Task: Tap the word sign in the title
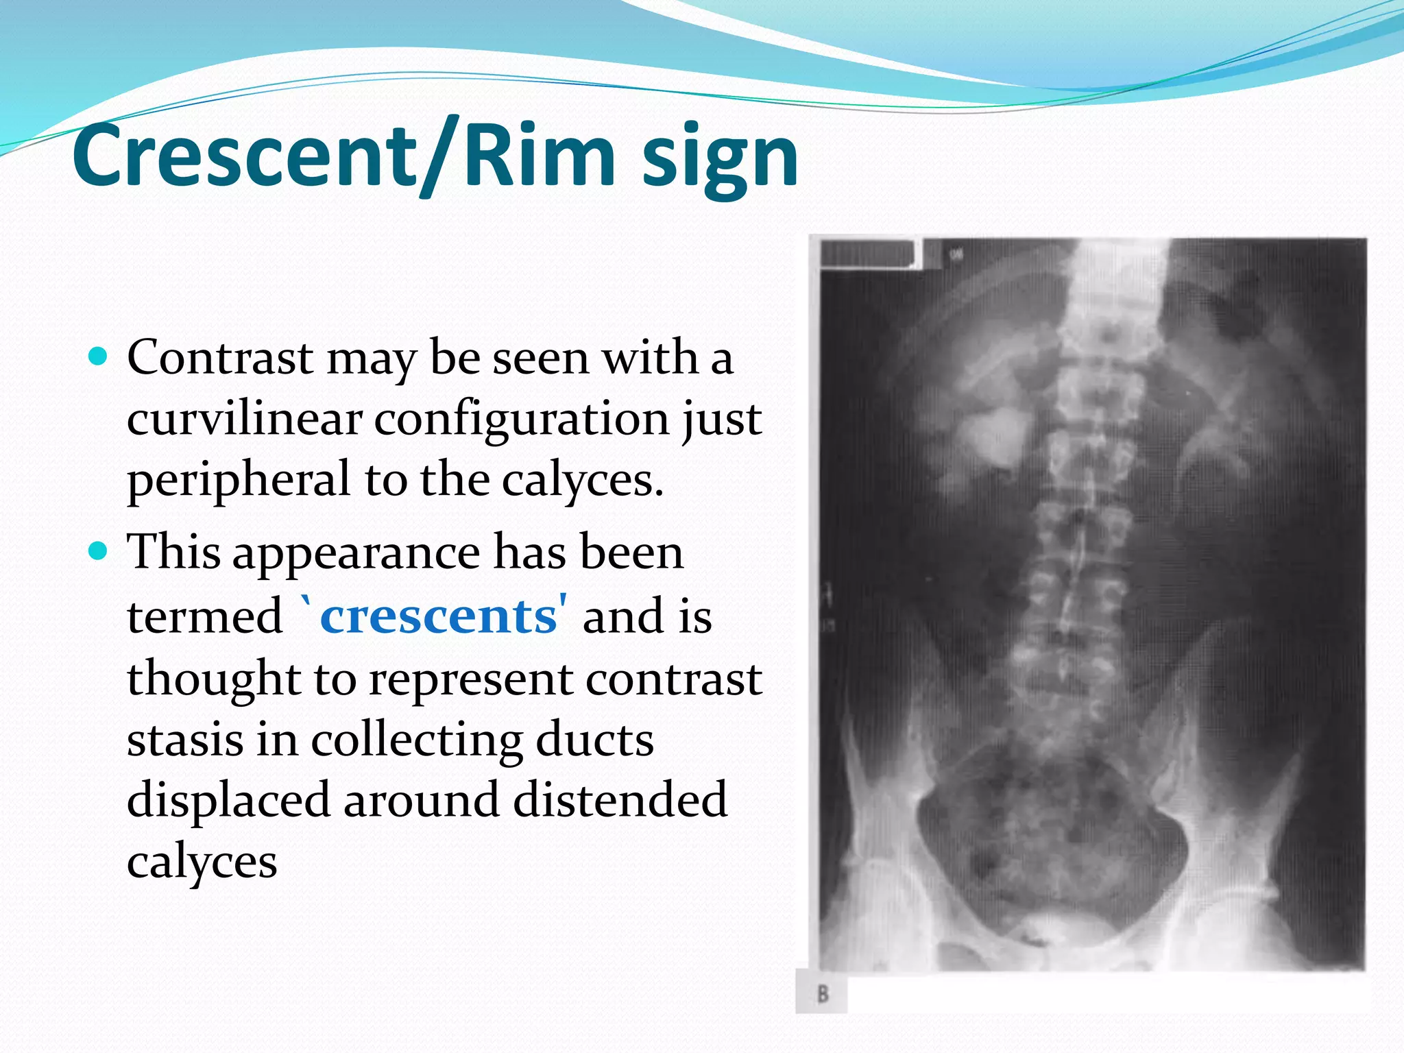tap(720, 159)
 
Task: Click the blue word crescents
tap(439, 616)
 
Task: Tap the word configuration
tap(522, 420)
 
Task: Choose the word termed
tap(204, 616)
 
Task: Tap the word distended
tap(620, 799)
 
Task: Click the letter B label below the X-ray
tap(822, 993)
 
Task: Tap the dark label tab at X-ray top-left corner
tap(868, 253)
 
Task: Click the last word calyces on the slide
tap(202, 862)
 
